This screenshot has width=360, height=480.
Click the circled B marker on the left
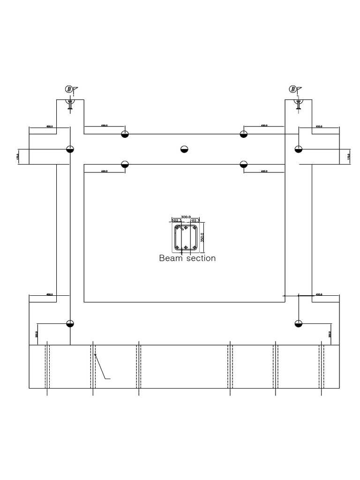[x=68, y=90]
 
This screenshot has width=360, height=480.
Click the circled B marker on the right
[x=293, y=90]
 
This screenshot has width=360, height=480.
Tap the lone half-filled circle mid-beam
[x=184, y=149]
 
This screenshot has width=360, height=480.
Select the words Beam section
[x=187, y=258]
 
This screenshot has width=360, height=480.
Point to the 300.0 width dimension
[x=186, y=217]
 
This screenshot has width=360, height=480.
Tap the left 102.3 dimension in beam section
[x=177, y=220]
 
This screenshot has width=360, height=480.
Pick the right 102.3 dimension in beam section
[x=195, y=220]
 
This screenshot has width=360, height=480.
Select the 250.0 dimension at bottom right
[x=330, y=334]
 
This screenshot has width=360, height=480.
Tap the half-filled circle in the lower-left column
[x=70, y=323]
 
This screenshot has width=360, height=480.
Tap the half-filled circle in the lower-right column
[x=298, y=323]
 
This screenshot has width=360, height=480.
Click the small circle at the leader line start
[x=95, y=355]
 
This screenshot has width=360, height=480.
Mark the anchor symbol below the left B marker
[x=70, y=104]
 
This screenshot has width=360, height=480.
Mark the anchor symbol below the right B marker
[x=298, y=104]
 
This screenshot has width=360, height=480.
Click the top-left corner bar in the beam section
[x=177, y=228]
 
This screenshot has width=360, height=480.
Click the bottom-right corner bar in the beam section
[x=194, y=247]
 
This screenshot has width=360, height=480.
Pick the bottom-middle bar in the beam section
[x=186, y=247]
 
